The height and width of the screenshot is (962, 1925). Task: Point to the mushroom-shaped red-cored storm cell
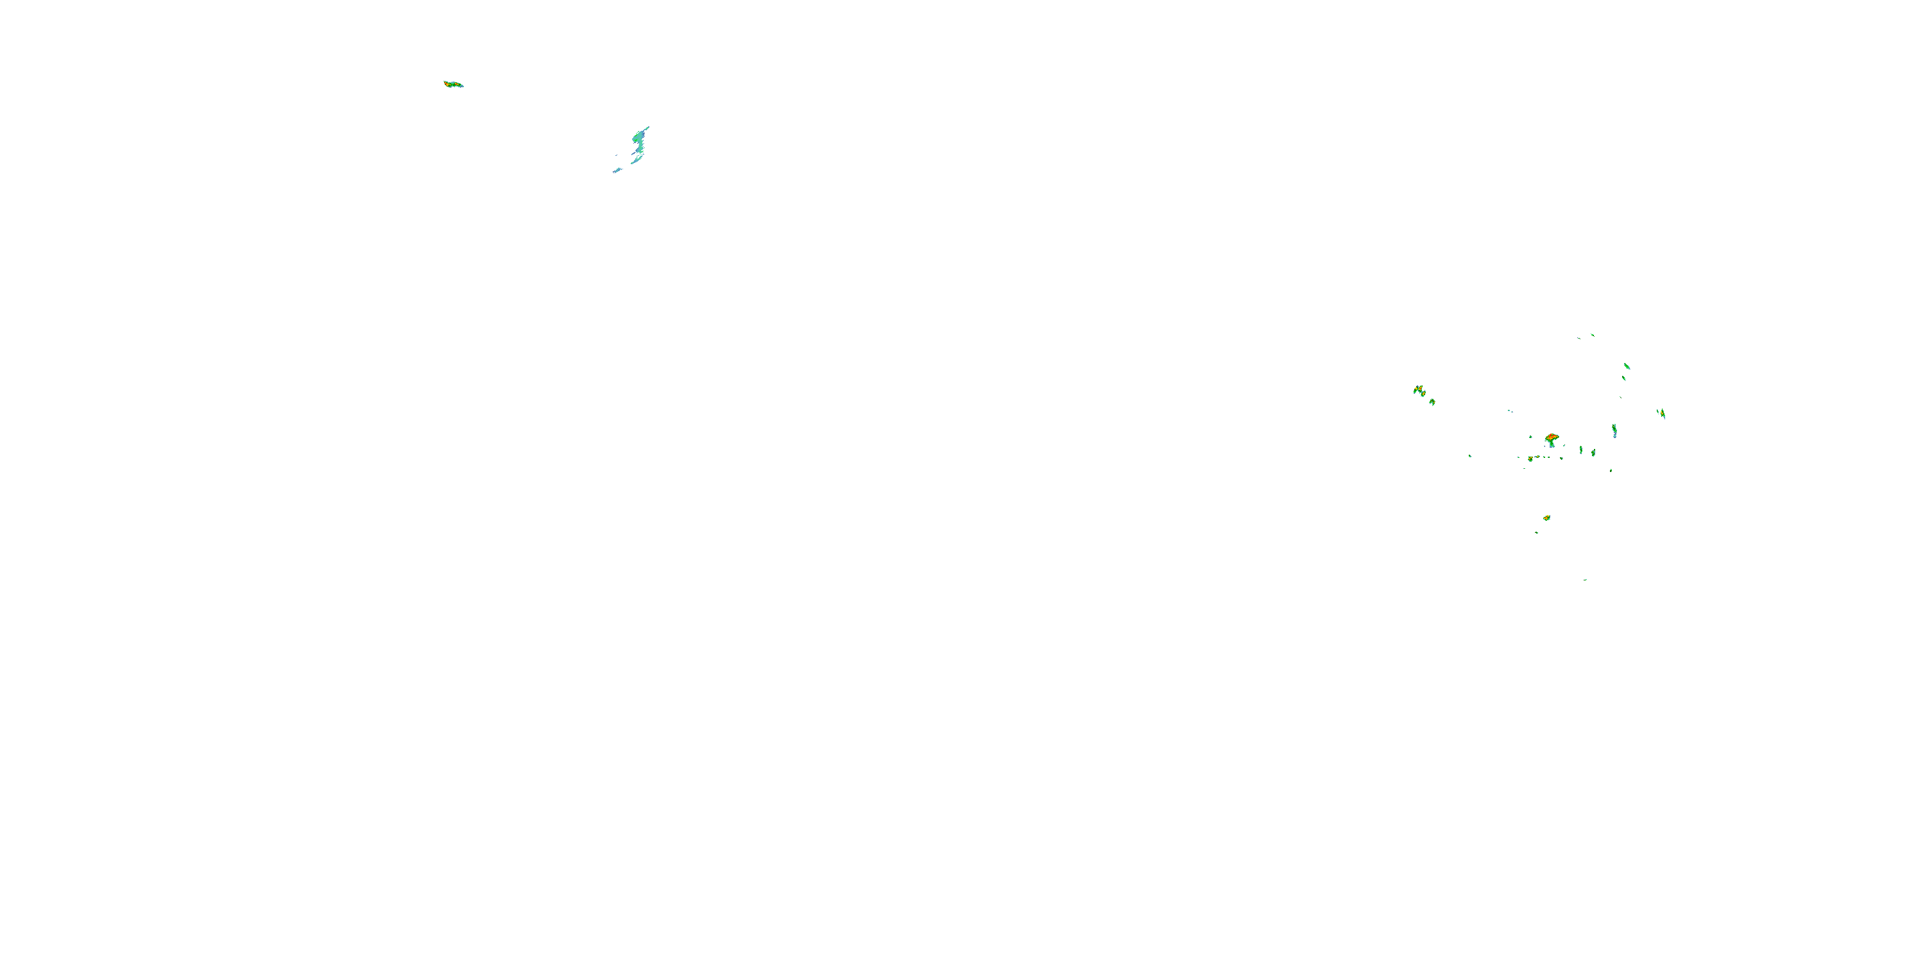pyautogui.click(x=1552, y=440)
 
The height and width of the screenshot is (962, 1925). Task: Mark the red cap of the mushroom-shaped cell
pyautogui.click(x=1552, y=436)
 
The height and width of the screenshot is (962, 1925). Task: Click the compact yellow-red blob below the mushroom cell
pyautogui.click(x=1546, y=518)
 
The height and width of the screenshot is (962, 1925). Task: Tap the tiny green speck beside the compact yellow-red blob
pyautogui.click(x=1536, y=532)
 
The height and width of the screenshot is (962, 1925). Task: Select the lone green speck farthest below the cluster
pyautogui.click(x=1585, y=580)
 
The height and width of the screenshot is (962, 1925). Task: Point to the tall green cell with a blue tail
pyautogui.click(x=1614, y=430)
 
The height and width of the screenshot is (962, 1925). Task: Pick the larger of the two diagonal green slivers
pyautogui.click(x=1627, y=366)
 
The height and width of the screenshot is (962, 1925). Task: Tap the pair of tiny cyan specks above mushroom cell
pyautogui.click(x=1510, y=411)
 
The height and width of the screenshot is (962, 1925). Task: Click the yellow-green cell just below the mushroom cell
pyautogui.click(x=1530, y=459)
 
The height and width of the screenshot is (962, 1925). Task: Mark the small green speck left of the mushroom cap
pyautogui.click(x=1530, y=437)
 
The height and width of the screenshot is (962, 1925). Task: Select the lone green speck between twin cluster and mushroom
pyautogui.click(x=1470, y=457)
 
